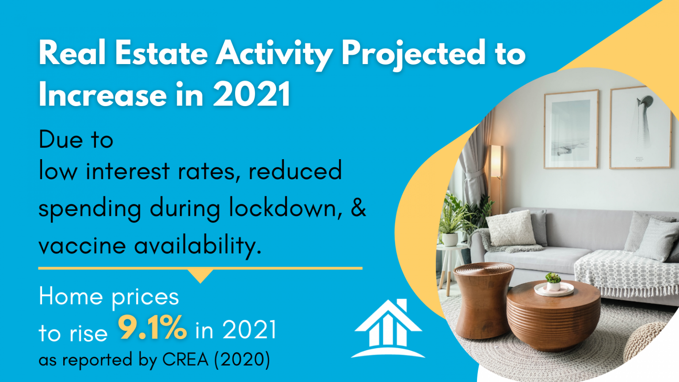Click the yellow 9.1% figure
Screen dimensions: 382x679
[x=152, y=328]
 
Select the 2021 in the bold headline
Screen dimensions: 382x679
[x=252, y=94]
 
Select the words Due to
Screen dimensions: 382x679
[x=76, y=140]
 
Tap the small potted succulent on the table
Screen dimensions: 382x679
[x=553, y=281]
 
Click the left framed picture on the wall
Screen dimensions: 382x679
[x=571, y=129]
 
